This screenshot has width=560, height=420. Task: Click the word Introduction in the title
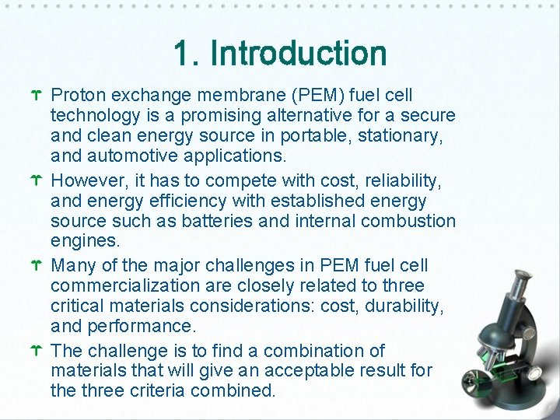coord(299,54)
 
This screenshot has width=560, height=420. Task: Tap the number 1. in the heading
coord(187,54)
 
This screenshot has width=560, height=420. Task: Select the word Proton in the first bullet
coord(78,95)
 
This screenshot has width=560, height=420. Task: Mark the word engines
coord(83,241)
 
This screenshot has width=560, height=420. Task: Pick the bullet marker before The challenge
coord(36,352)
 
